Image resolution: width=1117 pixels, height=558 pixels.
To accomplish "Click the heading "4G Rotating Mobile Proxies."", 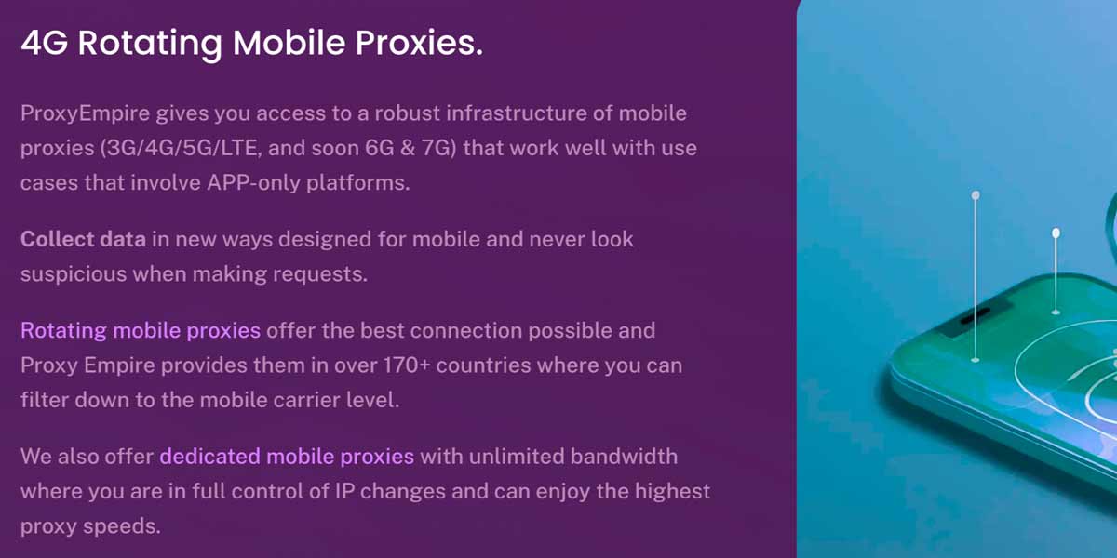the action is tap(252, 44).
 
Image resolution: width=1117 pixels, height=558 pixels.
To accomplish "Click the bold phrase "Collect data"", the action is tap(83, 239).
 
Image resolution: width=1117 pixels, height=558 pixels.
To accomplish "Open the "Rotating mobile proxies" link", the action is tap(141, 331).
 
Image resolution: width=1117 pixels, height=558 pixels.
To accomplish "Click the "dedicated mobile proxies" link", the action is tap(287, 457).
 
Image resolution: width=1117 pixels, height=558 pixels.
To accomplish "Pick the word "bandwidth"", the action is tap(624, 457).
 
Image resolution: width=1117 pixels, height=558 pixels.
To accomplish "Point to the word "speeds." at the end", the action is tap(122, 526).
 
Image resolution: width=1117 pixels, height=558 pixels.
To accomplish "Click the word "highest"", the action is tap(672, 492).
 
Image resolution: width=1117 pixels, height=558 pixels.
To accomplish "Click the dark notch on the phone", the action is tap(975, 316).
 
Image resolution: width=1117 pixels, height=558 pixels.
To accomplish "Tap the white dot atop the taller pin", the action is tap(976, 195).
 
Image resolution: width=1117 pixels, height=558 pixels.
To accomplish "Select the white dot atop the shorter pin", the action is tap(1056, 233).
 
